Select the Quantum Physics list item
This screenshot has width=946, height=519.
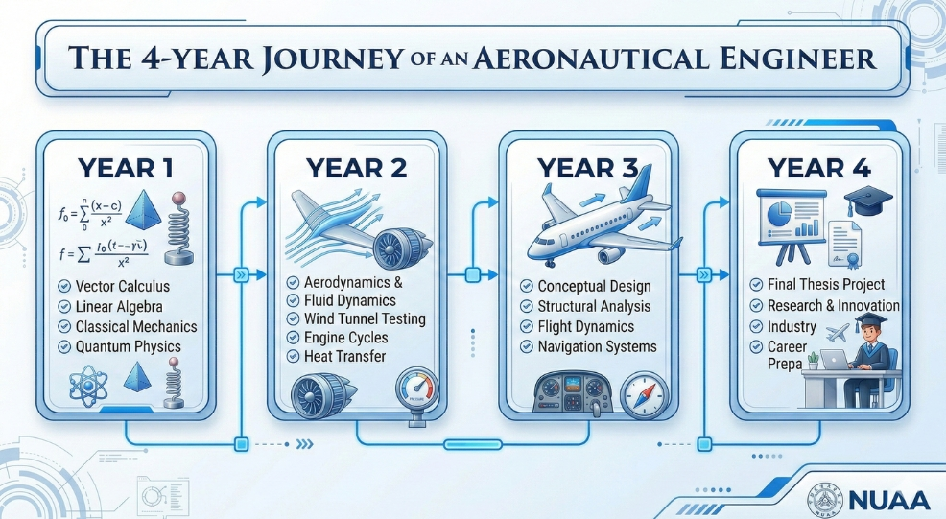pyautogui.click(x=128, y=346)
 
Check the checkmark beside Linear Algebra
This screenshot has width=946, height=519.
pyautogui.click(x=63, y=306)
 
